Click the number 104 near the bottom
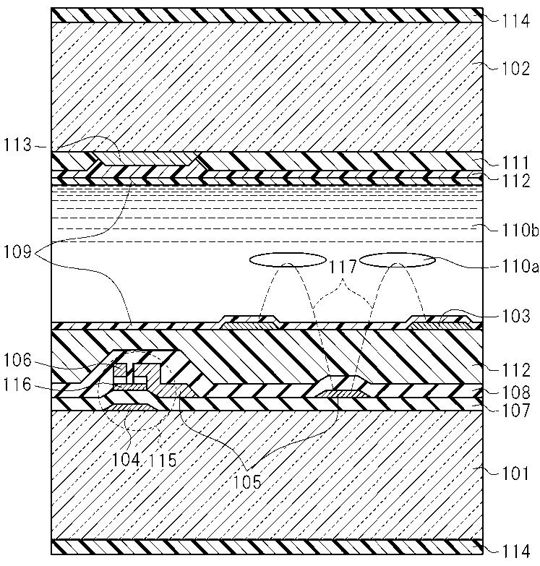click(127, 459)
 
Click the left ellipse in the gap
click(286, 259)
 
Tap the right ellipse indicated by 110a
click(398, 261)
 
